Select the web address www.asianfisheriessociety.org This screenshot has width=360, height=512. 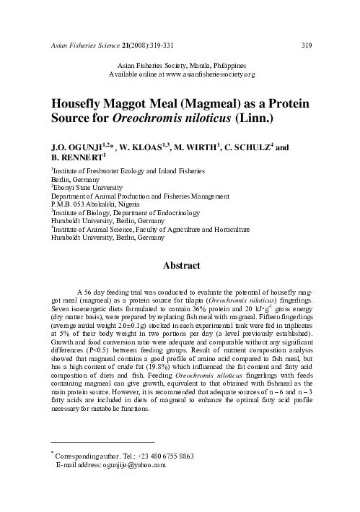click(208, 74)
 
